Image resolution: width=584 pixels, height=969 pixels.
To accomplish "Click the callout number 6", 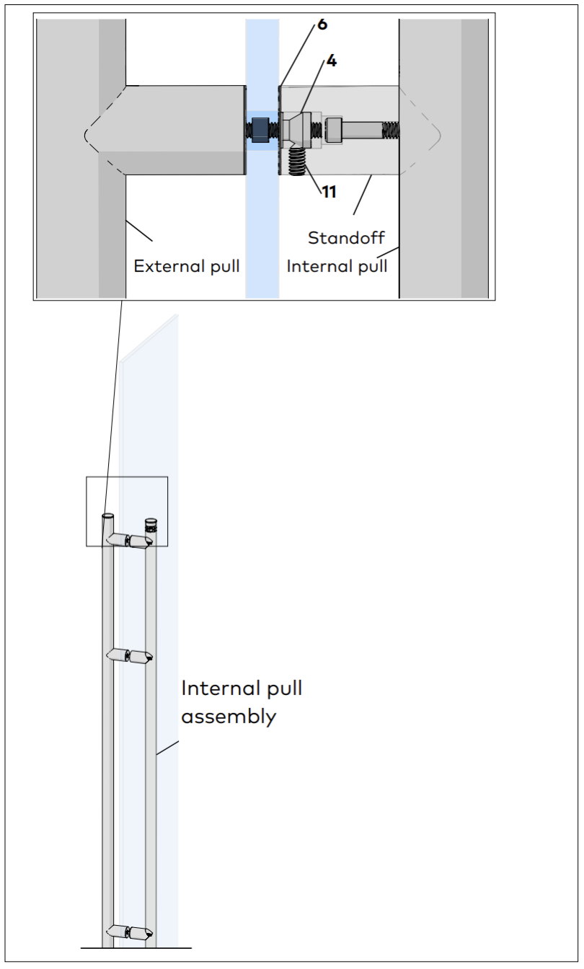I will coord(322,24).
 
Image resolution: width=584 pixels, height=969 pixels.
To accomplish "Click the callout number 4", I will coord(331,61).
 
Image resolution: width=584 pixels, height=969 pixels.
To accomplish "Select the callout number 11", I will coord(328,193).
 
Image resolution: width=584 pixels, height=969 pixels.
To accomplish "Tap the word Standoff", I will coord(345,237).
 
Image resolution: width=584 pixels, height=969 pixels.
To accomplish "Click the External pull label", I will coord(187,266).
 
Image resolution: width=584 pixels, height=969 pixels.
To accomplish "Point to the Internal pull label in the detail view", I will coord(337,266).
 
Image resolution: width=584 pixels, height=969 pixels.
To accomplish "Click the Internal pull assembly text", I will coord(241,702).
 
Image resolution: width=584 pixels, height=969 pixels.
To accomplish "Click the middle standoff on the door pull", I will coord(130,656).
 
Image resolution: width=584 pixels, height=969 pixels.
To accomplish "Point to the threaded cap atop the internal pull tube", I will coord(151,524).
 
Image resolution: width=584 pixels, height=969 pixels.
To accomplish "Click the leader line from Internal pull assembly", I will coord(168,747).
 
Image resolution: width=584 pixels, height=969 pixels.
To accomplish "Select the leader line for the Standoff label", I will coord(363,195).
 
